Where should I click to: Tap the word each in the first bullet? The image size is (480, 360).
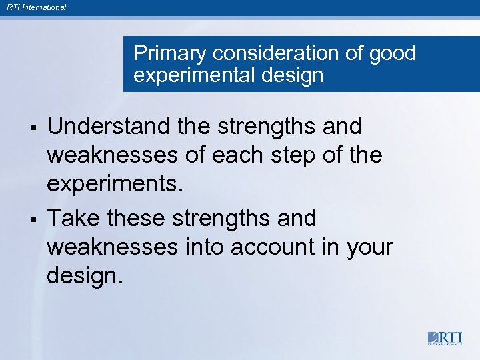[265, 156]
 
